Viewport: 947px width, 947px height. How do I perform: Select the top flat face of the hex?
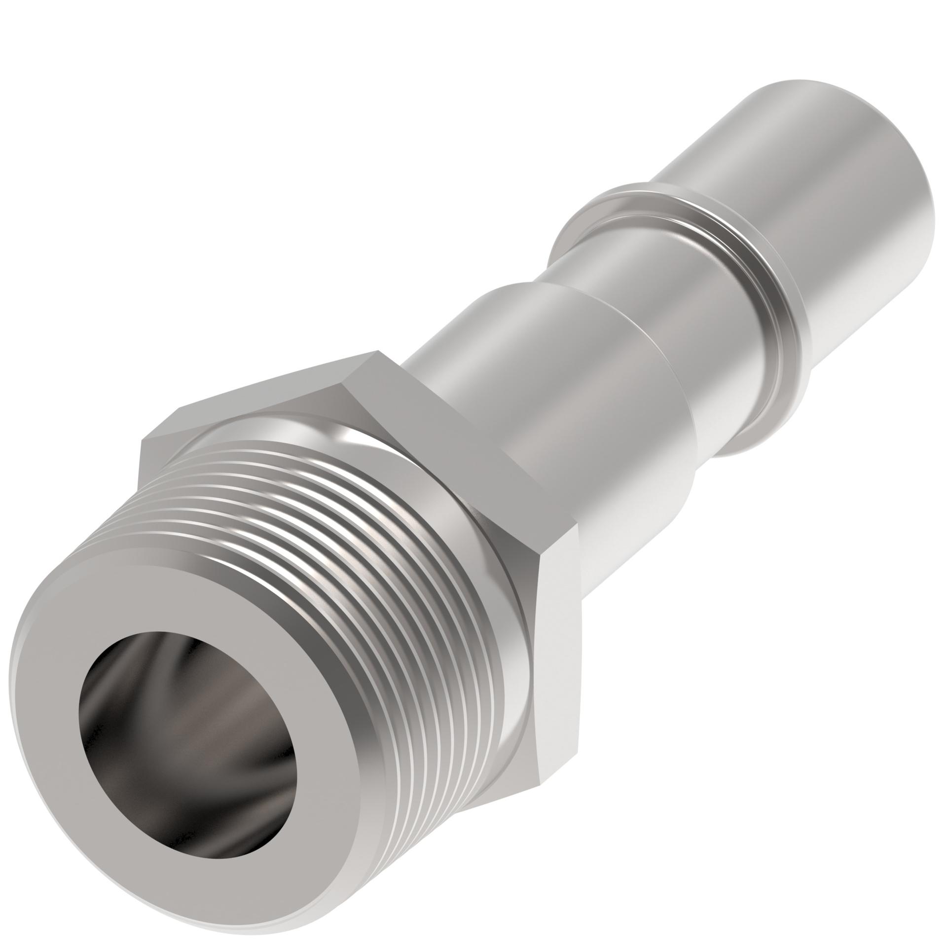coord(276,395)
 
